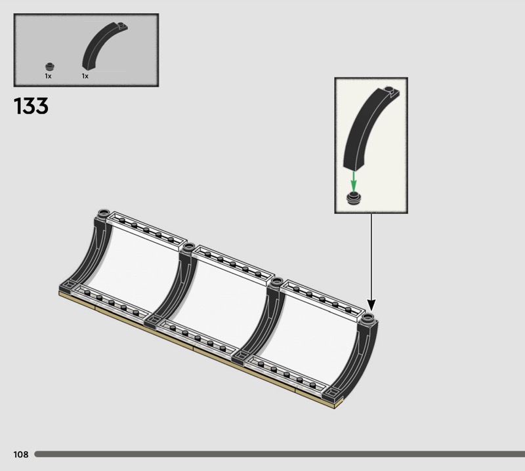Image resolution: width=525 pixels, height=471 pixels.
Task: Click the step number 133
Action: tap(31, 106)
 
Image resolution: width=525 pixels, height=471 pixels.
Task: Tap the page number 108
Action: tap(21, 454)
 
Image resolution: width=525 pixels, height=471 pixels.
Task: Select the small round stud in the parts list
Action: tap(50, 67)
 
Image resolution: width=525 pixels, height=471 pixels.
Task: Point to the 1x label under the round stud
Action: tap(48, 76)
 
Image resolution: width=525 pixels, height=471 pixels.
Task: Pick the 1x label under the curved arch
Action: tap(85, 76)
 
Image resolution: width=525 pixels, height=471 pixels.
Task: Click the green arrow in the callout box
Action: tap(354, 182)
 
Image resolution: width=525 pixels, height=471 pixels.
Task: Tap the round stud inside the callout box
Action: tap(354, 198)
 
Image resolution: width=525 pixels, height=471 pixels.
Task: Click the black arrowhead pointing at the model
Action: tap(371, 304)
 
